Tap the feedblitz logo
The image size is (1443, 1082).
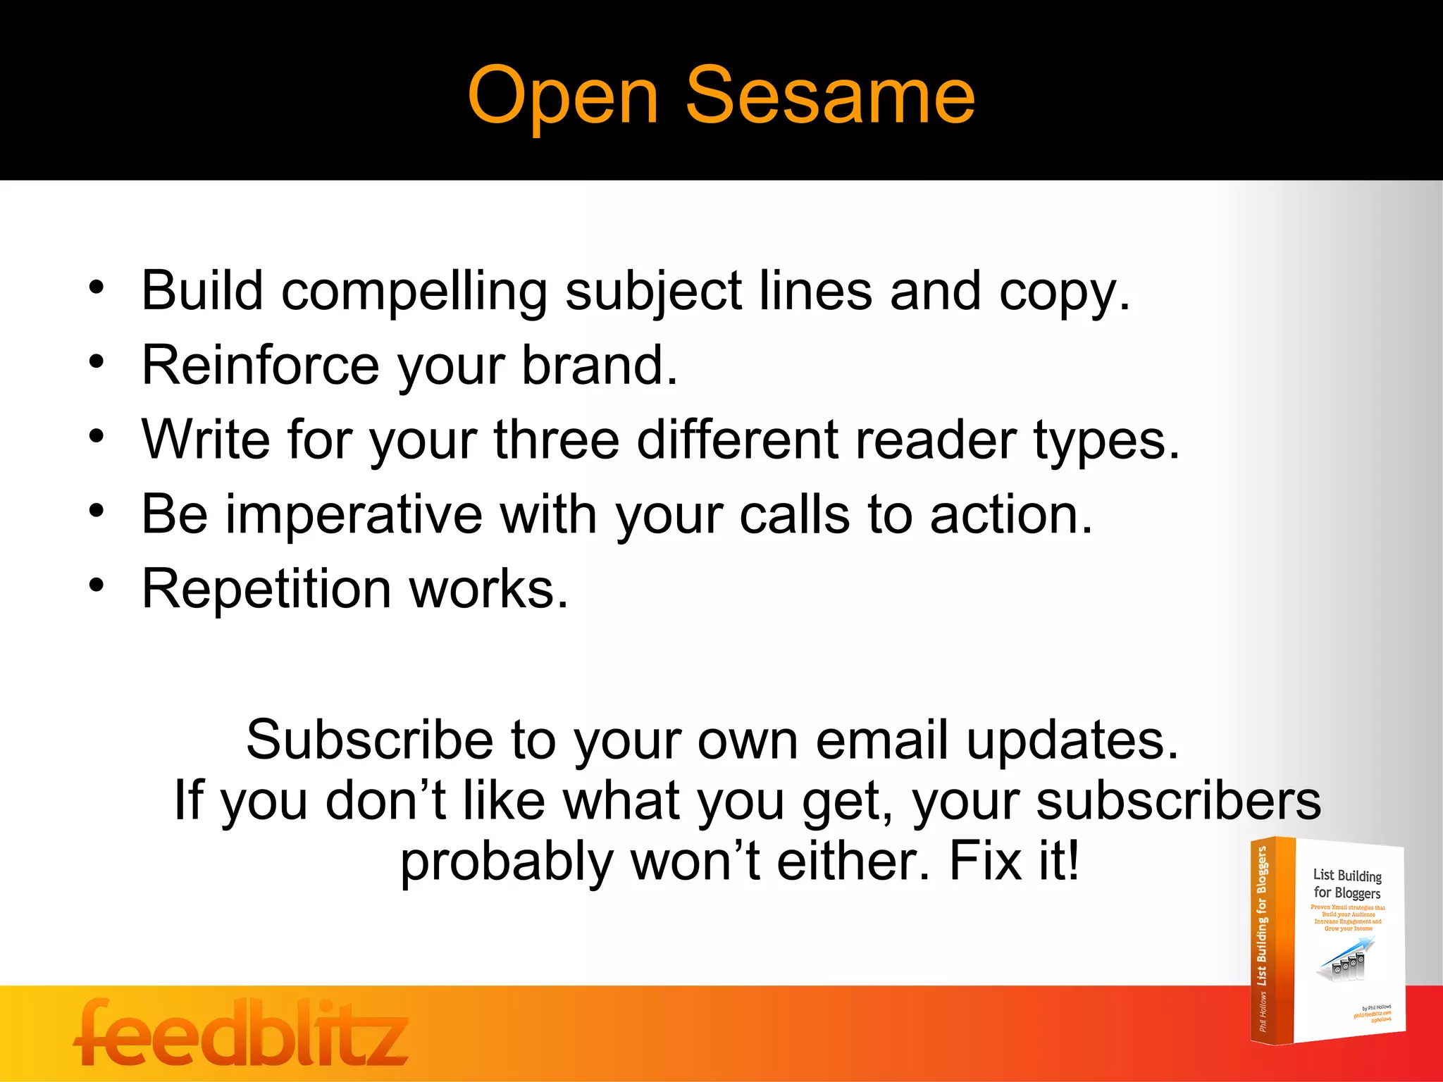coord(241,1033)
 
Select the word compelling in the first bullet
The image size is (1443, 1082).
coord(414,292)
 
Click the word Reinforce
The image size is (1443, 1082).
coord(261,365)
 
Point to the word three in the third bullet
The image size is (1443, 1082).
coord(557,440)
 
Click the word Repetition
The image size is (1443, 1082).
coord(266,589)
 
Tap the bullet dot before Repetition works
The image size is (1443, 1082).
coord(97,585)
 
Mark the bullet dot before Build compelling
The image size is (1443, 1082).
coord(97,287)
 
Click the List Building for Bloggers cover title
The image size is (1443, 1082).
coord(1347,884)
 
